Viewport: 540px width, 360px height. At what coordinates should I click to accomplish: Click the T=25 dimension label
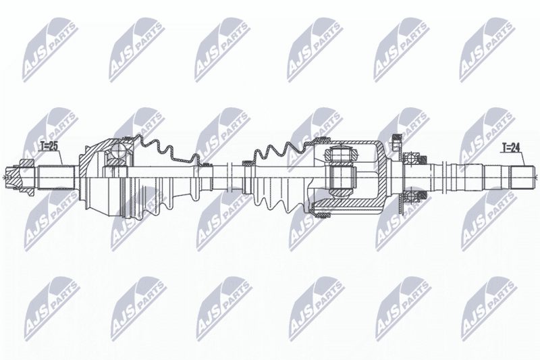pos(48,147)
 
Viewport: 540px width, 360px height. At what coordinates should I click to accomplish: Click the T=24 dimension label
pos(510,148)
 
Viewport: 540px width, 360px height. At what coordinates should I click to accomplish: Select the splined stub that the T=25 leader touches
pos(56,178)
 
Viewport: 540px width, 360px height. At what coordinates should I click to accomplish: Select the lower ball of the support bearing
pos(412,197)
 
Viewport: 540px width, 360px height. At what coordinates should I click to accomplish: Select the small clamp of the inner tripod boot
pos(247,163)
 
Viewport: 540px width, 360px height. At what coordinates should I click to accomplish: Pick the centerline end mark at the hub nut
pos(3,178)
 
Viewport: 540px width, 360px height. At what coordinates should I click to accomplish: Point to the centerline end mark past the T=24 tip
pos(537,178)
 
